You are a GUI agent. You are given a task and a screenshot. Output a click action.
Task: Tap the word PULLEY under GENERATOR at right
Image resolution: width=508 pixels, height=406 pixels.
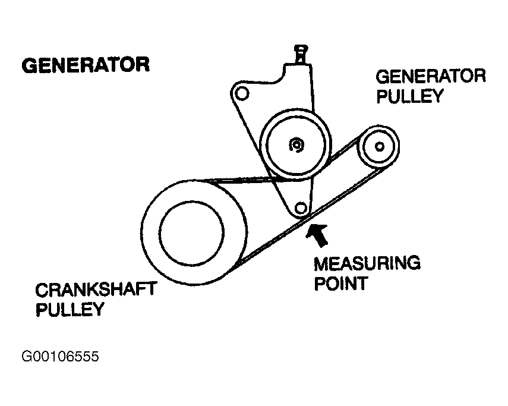pos(411,96)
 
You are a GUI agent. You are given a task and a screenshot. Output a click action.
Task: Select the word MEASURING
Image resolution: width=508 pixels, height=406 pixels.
pos(367,263)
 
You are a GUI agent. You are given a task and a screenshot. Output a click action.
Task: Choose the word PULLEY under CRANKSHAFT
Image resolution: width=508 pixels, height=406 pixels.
pos(70,310)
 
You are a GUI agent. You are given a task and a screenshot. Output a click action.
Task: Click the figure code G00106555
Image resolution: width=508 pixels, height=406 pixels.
pos(59,357)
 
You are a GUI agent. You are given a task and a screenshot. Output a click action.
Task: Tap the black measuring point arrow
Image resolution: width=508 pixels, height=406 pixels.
pos(317,233)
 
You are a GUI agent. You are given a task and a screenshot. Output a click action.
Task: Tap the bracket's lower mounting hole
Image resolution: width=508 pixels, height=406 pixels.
pos(301,207)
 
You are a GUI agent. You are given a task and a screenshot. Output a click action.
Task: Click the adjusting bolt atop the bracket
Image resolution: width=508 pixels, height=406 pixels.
pos(301,53)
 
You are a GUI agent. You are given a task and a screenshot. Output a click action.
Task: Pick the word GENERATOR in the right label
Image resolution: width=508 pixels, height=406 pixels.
pos(431,77)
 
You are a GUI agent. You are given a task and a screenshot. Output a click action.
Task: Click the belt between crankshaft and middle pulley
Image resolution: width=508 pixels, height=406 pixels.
pos(244,180)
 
